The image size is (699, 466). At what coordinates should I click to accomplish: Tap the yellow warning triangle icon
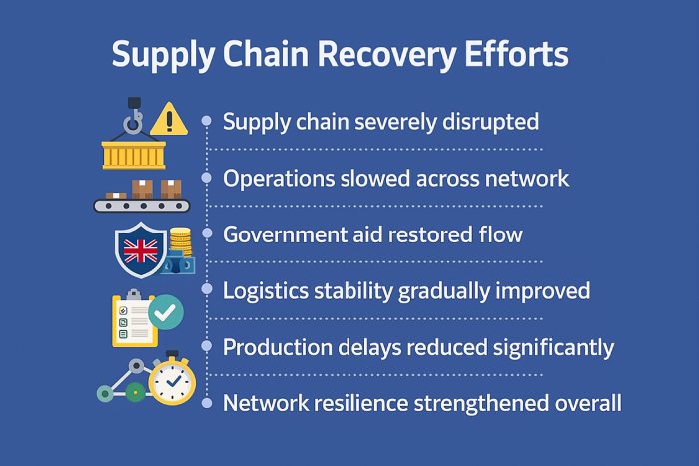pyautogui.click(x=169, y=119)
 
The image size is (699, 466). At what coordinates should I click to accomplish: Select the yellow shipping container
pyautogui.click(x=133, y=153)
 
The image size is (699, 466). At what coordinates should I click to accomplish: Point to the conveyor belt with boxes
pyautogui.click(x=142, y=198)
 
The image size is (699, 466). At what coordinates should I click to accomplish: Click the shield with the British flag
pyautogui.click(x=140, y=249)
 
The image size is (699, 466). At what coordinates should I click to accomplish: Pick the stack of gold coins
pyautogui.click(x=180, y=245)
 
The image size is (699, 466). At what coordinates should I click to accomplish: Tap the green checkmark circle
pyautogui.click(x=166, y=313)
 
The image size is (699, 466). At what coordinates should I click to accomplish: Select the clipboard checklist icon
pyautogui.click(x=134, y=319)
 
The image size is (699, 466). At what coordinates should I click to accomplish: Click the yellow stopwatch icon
pyautogui.click(x=171, y=378)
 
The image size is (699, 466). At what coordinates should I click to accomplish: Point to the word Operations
pyautogui.click(x=274, y=179)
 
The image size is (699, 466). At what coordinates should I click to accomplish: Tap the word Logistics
pyautogui.click(x=261, y=291)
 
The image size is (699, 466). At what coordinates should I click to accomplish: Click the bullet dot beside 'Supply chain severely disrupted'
pyautogui.click(x=206, y=121)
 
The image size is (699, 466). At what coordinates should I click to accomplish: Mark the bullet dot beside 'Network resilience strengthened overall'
pyautogui.click(x=206, y=403)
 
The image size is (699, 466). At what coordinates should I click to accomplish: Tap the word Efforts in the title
pyautogui.click(x=515, y=54)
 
